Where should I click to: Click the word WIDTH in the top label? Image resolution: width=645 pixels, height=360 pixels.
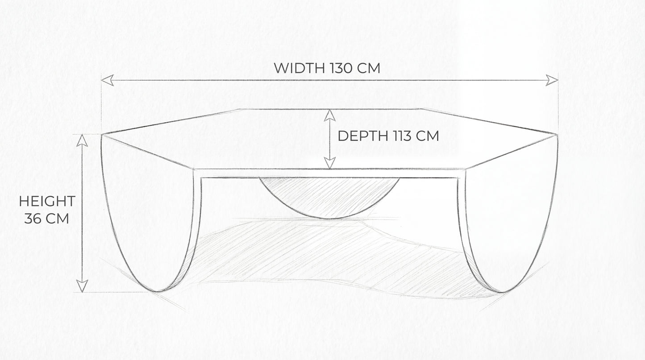pyautogui.click(x=299, y=68)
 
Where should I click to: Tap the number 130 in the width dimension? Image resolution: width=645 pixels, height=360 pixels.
pyautogui.click(x=340, y=68)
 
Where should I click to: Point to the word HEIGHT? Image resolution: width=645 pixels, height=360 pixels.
pyautogui.click(x=47, y=201)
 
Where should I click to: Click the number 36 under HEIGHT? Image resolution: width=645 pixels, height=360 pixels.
pyautogui.click(x=33, y=219)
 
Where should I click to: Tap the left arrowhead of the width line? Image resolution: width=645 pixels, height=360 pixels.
pyautogui.click(x=108, y=80)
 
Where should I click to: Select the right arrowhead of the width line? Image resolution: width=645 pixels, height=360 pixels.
pyautogui.click(x=552, y=80)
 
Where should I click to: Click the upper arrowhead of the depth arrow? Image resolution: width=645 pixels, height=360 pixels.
pyautogui.click(x=330, y=115)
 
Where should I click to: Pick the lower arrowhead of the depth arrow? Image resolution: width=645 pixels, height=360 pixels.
pyautogui.click(x=330, y=163)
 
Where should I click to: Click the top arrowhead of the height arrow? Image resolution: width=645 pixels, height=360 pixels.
pyautogui.click(x=82, y=141)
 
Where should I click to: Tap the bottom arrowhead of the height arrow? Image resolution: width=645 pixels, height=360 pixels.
pyautogui.click(x=82, y=286)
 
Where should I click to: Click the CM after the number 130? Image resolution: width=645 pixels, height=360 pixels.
pyautogui.click(x=369, y=68)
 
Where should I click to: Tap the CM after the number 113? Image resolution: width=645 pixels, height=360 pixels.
pyautogui.click(x=427, y=136)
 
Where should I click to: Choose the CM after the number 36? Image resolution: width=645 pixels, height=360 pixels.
pyautogui.click(x=57, y=219)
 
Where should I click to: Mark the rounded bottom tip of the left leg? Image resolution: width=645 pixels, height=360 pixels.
pyautogui.click(x=158, y=292)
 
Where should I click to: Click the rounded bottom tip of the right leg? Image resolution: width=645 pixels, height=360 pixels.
pyautogui.click(x=502, y=292)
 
